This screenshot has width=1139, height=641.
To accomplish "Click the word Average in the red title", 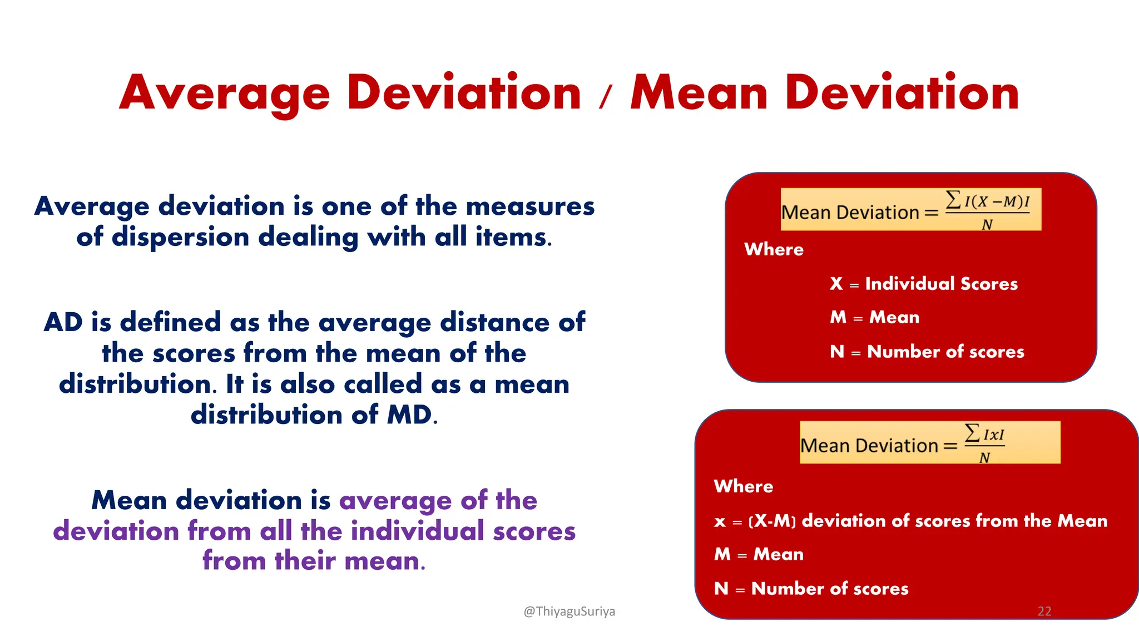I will coord(225,93).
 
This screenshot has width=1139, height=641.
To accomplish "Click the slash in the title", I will coord(606,97).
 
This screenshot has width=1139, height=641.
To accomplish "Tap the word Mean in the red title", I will coord(699,93).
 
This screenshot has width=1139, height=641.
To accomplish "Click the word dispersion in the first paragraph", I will coord(180,237).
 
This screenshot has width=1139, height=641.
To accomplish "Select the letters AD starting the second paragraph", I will coord(63,322).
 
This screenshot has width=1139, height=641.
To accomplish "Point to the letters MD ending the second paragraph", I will coord(410,415).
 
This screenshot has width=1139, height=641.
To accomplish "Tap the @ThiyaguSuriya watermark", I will coord(569,612).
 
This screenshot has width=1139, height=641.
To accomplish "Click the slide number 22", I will coord(1044,612).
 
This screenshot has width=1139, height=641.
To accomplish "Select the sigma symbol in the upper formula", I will coord(953,199).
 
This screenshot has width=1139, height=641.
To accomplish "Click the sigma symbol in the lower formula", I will coord(972,432).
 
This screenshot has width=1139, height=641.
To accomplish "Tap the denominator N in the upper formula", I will coord(987,225).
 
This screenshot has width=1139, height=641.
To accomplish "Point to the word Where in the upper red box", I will coord(774,249).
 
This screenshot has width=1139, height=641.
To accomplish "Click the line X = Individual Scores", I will coord(923,284).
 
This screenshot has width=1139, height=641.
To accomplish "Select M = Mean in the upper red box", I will coord(874,317).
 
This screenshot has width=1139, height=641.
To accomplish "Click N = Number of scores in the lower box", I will coord(811,589).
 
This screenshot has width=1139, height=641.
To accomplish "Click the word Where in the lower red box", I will coord(743,486).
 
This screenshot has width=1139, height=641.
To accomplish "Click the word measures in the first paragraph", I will coord(530,206).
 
